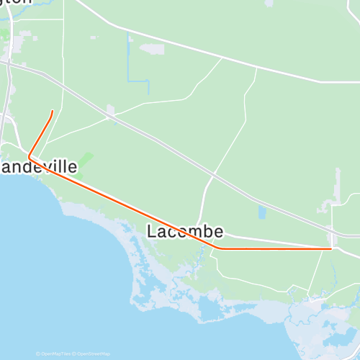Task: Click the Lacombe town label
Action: coord(185,231)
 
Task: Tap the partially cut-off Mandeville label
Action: coord(39,167)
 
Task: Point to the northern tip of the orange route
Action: coord(53,111)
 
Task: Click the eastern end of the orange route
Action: coord(330,248)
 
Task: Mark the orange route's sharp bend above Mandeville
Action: coord(29,156)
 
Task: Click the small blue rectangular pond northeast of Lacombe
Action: coord(261,212)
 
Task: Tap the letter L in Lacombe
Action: coord(152,231)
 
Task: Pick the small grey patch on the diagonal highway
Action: coord(111,111)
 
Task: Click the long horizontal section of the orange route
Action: coord(274,248)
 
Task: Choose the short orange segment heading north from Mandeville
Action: coord(41,133)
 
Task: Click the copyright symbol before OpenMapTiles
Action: coord(38,354)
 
